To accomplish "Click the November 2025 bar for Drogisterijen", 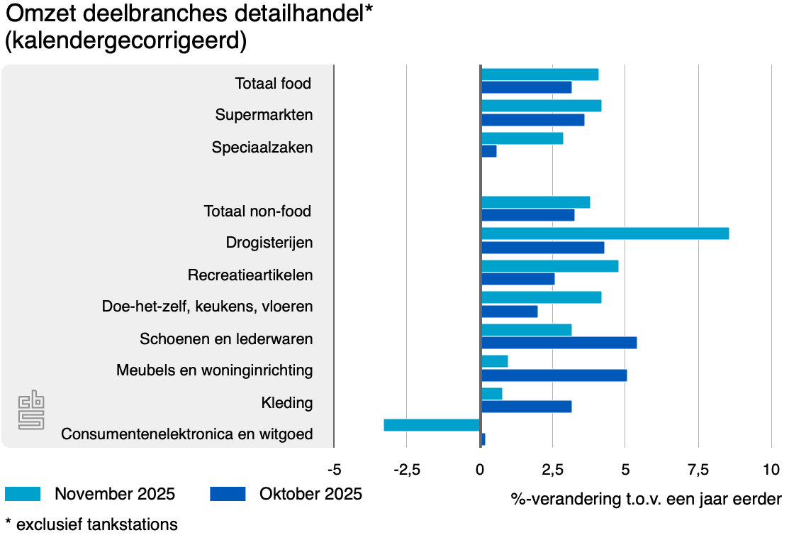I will tap(605, 233).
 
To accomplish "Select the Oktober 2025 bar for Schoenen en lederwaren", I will tap(559, 343).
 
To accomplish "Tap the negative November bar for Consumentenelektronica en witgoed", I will tap(432, 425).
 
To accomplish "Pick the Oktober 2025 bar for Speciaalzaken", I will tap(488, 151).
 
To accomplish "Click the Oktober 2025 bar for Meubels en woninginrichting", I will tap(554, 375).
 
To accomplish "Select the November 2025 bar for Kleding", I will tap(491, 393).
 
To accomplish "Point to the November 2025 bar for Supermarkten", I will tap(541, 106).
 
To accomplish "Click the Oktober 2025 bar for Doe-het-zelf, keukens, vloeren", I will tap(509, 311).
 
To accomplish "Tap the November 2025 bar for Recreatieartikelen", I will tap(549, 266).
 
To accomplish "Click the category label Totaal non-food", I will tap(257, 211).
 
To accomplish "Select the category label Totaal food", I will tap(273, 84).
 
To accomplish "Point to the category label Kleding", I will tap(286, 403).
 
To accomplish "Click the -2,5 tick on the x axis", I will tap(405, 470).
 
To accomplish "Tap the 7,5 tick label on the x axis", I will tap(698, 470).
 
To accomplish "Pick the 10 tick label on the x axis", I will tap(771, 470).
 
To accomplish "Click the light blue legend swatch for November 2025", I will tap(23, 494).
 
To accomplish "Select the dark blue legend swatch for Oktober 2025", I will tap(227, 494).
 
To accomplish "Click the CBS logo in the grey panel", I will tap(31, 410).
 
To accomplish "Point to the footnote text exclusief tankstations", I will tap(96, 524).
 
